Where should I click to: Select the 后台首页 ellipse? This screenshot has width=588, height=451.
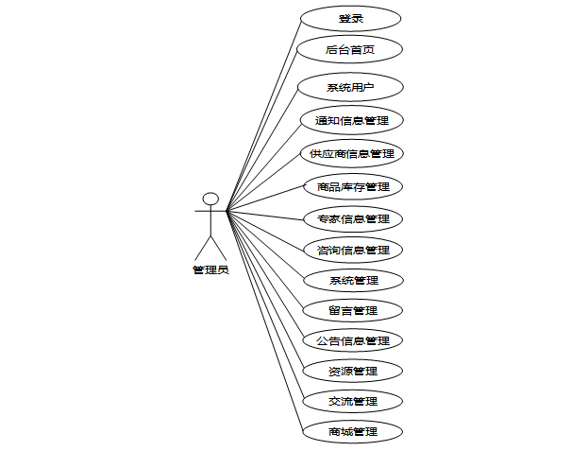point(350,50)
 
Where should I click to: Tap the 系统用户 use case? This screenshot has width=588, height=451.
point(350,87)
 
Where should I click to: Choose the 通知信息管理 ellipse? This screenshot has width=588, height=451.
point(351,120)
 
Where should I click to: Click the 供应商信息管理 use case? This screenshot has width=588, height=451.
point(351,153)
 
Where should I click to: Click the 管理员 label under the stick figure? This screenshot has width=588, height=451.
point(210,270)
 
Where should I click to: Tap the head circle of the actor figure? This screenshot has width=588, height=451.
point(210,199)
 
